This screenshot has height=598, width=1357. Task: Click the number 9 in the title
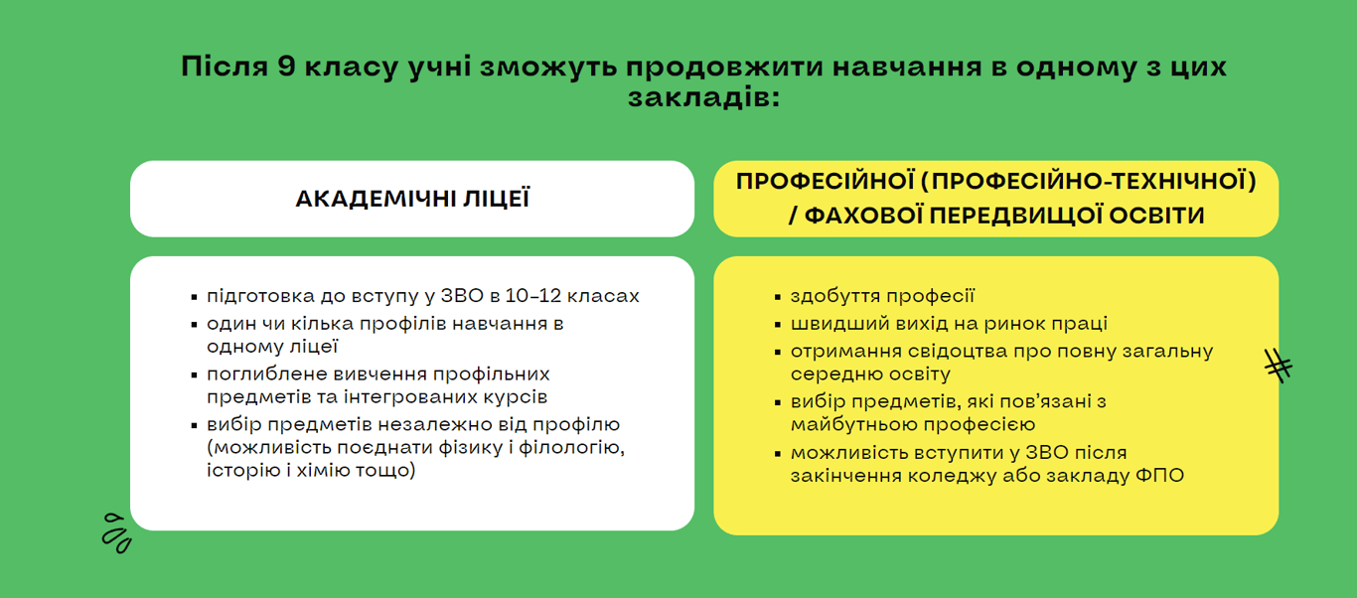(x=286, y=66)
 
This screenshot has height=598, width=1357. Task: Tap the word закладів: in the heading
(x=703, y=97)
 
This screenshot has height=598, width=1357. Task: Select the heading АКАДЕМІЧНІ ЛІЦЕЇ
(x=412, y=199)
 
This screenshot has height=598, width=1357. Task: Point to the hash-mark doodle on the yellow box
(x=1279, y=366)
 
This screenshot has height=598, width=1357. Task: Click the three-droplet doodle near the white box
(x=116, y=533)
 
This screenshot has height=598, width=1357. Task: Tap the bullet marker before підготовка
(x=194, y=297)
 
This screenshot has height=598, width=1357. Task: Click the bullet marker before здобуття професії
(x=778, y=297)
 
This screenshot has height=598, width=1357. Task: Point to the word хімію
(x=322, y=470)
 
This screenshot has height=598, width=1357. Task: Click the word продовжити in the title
(x=724, y=68)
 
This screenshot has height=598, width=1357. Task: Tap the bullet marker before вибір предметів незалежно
(x=194, y=425)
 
